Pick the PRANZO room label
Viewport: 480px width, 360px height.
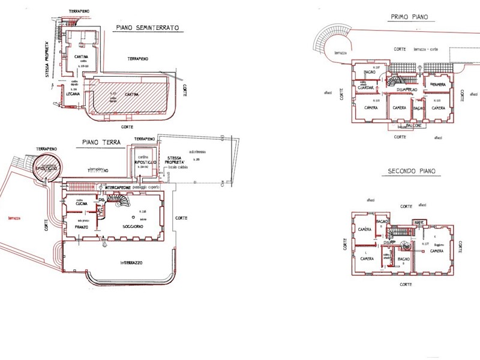pyautogui.click(x=82, y=227)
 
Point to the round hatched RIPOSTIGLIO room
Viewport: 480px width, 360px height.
pyautogui.click(x=47, y=169)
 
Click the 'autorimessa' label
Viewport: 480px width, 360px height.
pyautogui.click(x=197, y=152)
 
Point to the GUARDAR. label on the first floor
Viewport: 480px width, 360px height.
pyautogui.click(x=365, y=88)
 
